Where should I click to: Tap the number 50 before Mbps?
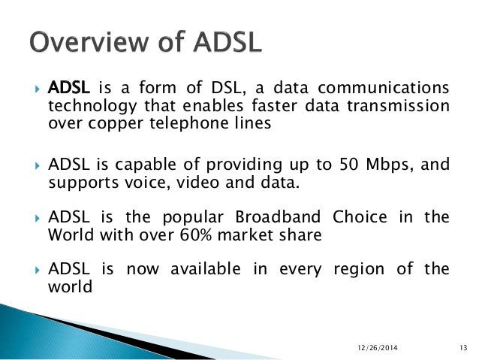point(348,164)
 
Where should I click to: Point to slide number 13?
point(463,346)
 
